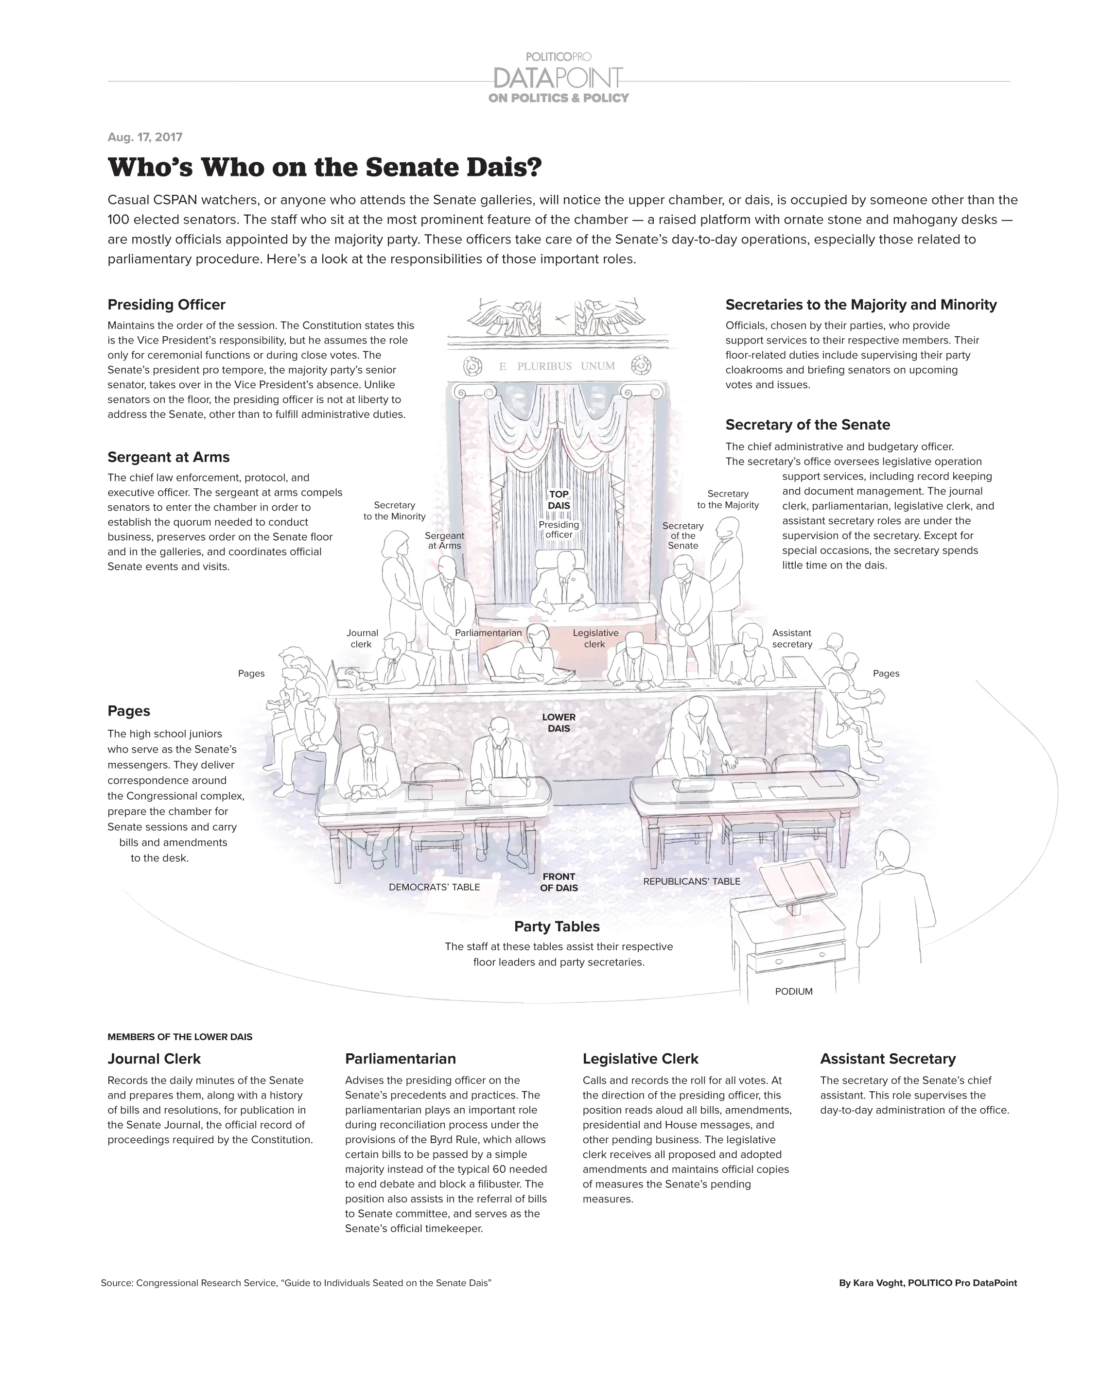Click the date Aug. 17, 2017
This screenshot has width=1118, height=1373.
click(x=145, y=137)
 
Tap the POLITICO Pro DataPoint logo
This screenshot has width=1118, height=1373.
click(x=559, y=78)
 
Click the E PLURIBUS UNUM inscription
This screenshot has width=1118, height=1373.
click(x=557, y=366)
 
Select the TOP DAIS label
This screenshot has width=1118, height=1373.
click(x=559, y=500)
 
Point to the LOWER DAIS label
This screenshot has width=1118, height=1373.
click(x=559, y=722)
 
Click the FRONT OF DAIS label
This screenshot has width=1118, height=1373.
click(x=559, y=882)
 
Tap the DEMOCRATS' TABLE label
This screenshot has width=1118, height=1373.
click(x=434, y=887)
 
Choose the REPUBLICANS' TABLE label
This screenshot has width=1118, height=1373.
click(x=692, y=881)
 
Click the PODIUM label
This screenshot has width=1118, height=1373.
click(x=793, y=991)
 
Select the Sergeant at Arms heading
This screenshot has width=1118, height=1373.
click(x=169, y=457)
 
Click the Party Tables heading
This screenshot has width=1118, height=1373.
click(x=557, y=927)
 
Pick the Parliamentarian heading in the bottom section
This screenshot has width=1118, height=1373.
click(x=401, y=1059)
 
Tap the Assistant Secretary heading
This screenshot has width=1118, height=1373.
click(x=888, y=1059)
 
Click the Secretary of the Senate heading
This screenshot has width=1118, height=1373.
click(x=807, y=425)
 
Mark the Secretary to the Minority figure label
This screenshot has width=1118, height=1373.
click(x=395, y=511)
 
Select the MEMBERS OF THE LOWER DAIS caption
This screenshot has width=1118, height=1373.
click(x=180, y=1037)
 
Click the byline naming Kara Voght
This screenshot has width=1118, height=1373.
click(x=928, y=1283)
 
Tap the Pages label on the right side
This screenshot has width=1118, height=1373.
click(x=886, y=673)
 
